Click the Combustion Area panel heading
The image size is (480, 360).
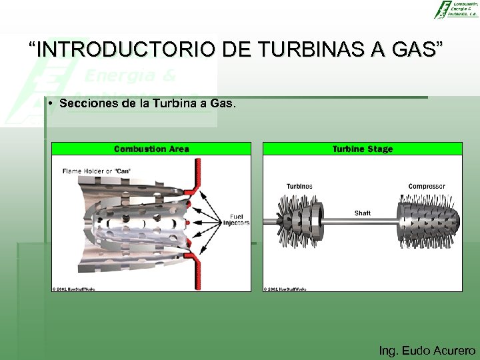(151, 149)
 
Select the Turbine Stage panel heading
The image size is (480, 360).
(363, 149)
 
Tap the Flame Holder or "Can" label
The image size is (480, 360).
(97, 171)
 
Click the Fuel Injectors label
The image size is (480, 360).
(237, 219)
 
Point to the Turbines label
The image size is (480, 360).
(299, 186)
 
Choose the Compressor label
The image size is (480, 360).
(427, 186)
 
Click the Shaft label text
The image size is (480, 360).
(363, 213)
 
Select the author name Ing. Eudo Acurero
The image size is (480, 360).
(427, 350)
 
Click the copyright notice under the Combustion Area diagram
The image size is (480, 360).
(74, 289)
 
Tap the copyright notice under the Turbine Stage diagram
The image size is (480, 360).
(285, 289)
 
